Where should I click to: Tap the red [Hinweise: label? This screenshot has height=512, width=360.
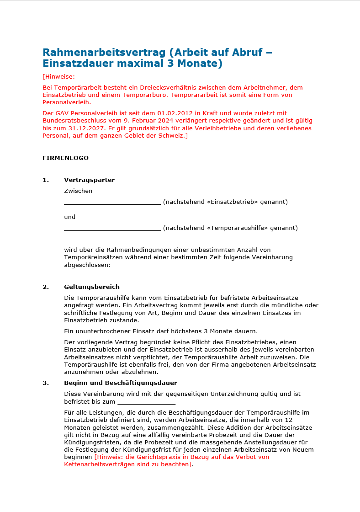point(58,76)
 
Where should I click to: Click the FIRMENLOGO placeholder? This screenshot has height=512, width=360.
point(65,158)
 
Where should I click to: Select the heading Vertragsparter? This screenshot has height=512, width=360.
point(89,180)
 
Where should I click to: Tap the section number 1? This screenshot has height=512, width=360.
point(46,180)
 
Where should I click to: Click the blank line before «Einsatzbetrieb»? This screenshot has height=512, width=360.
point(112,202)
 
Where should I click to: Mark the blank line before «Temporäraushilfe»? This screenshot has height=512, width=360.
point(112,228)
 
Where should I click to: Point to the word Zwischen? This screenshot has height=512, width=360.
point(78,191)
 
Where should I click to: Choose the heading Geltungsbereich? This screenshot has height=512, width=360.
point(92,287)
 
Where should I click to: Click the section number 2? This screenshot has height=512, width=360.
point(46,287)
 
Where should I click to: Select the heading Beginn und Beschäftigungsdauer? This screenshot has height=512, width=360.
point(121,383)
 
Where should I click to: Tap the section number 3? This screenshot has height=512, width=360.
point(46,383)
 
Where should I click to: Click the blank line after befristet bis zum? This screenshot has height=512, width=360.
point(146,402)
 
